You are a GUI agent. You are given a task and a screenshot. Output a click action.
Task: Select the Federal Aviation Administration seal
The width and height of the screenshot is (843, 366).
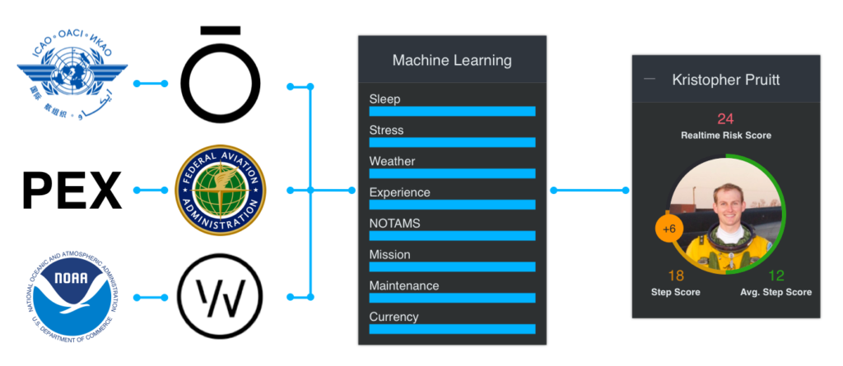221,191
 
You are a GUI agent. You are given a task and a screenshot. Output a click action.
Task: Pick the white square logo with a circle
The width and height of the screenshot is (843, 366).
219,296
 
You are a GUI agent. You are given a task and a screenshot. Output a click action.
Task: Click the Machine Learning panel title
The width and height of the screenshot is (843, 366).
452,60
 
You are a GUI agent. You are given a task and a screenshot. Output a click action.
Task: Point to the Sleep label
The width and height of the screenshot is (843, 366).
384,100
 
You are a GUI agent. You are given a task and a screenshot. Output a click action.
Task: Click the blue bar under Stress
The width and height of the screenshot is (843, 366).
452,142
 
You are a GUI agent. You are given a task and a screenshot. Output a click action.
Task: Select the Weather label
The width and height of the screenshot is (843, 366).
392,161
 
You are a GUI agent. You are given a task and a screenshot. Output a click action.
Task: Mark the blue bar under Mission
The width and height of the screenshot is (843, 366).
452,266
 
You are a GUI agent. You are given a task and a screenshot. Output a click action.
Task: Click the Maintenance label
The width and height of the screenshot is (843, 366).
403,285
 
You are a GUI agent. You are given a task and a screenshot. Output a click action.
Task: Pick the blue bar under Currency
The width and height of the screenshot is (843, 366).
452,329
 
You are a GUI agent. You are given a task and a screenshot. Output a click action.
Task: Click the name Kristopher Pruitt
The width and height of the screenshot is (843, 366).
725,80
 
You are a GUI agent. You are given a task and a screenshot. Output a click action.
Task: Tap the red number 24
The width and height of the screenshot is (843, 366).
725,118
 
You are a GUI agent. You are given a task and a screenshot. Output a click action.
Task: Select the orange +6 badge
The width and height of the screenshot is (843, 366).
668,229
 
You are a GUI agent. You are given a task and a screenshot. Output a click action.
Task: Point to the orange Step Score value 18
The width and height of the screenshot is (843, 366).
676,276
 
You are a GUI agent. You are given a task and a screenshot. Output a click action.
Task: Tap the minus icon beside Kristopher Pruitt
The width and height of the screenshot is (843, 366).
650,79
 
